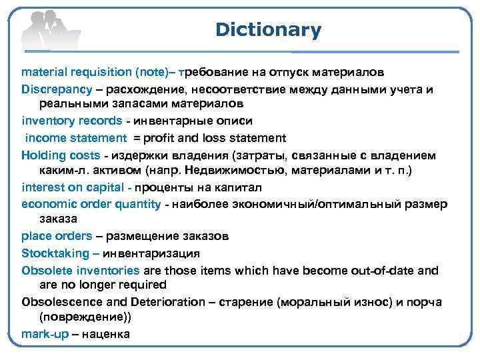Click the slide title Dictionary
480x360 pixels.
coord(268,30)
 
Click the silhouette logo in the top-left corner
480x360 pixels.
coord(49,30)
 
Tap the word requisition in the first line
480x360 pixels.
coord(100,71)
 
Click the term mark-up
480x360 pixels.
coord(45,334)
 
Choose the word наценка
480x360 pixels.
coord(105,334)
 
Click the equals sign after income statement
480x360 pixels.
coord(136,138)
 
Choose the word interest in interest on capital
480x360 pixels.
coord(43,187)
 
